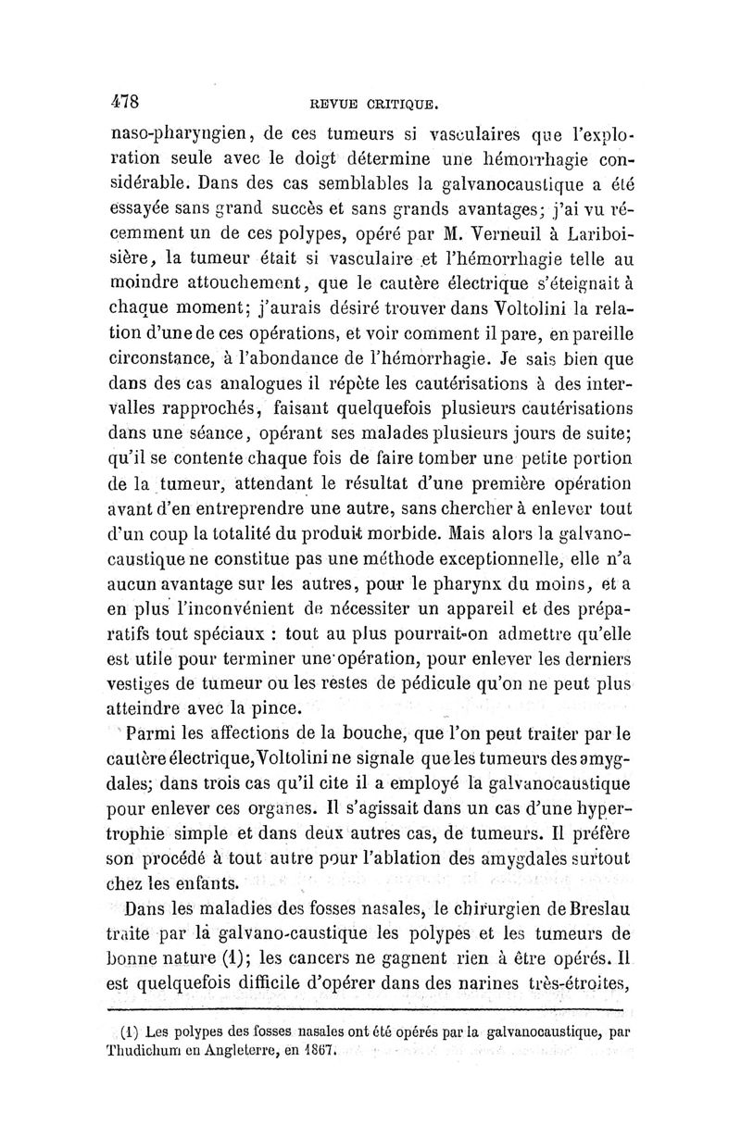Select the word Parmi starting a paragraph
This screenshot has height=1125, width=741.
point(152,733)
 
